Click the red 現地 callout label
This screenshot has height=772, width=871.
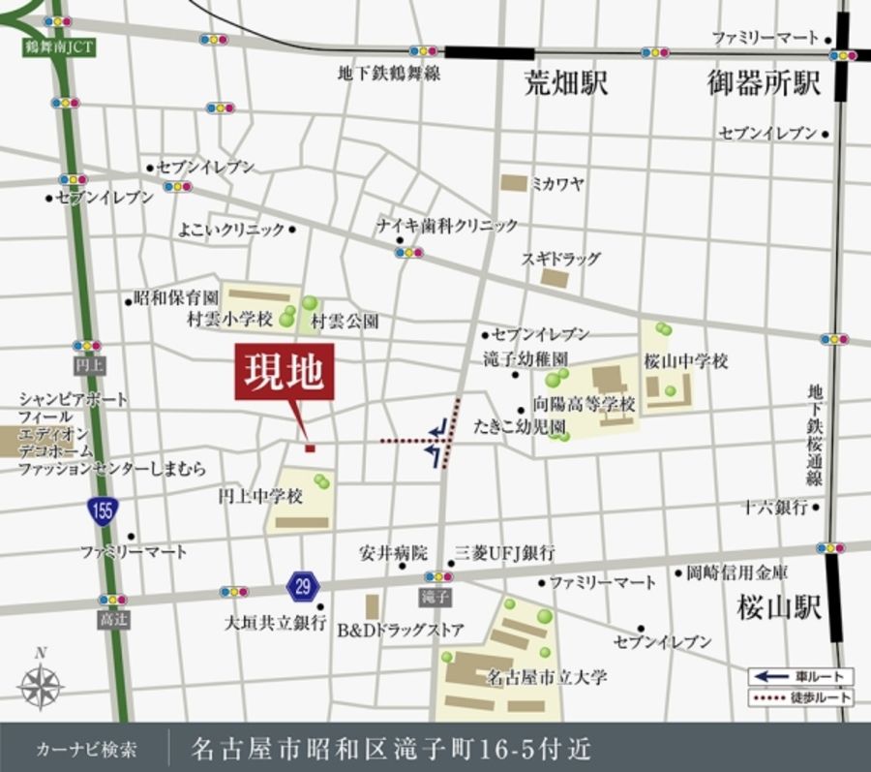point(285,372)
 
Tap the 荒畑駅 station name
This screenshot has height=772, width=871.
point(566,83)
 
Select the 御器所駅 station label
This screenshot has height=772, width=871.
point(764,83)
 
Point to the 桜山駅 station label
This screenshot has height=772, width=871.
point(778,607)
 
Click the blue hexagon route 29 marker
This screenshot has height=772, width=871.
point(303,585)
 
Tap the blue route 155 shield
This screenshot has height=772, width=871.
point(103,510)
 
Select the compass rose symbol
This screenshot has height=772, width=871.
point(41,685)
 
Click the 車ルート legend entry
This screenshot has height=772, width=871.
point(801,676)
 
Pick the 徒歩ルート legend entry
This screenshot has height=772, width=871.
point(801,696)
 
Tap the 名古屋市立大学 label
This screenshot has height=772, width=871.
point(547,677)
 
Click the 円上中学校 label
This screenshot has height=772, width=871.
point(260,496)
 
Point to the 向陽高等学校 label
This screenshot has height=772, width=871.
point(584,404)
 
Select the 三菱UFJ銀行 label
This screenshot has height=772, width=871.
point(505,553)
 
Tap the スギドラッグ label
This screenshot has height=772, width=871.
point(561,259)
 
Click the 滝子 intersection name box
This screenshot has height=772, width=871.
point(437,597)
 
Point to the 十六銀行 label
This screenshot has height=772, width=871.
point(775,506)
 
